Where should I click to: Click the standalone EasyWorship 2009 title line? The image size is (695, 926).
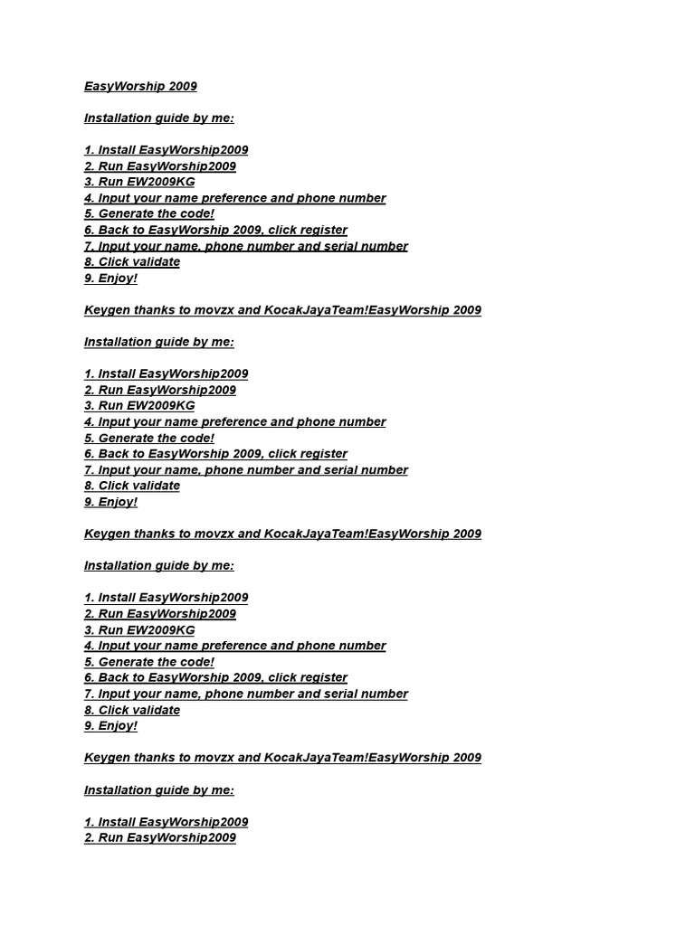point(140,87)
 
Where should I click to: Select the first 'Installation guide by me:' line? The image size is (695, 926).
point(158,118)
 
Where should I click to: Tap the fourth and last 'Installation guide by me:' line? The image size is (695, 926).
point(158,790)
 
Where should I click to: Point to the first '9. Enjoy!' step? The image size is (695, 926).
point(110,279)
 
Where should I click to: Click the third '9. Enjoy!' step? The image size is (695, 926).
point(110,726)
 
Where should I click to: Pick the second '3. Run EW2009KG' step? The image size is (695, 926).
point(139,406)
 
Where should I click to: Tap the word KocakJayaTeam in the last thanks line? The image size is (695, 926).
point(314,758)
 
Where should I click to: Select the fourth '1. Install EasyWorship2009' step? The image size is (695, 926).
point(166,822)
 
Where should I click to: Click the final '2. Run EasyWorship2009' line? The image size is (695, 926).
point(159,838)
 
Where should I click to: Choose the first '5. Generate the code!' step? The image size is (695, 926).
point(149,214)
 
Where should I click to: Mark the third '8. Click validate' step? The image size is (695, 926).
point(132,710)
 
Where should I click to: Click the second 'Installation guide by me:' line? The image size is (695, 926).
point(158,342)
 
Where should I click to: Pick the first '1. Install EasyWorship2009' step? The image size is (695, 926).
point(166,150)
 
